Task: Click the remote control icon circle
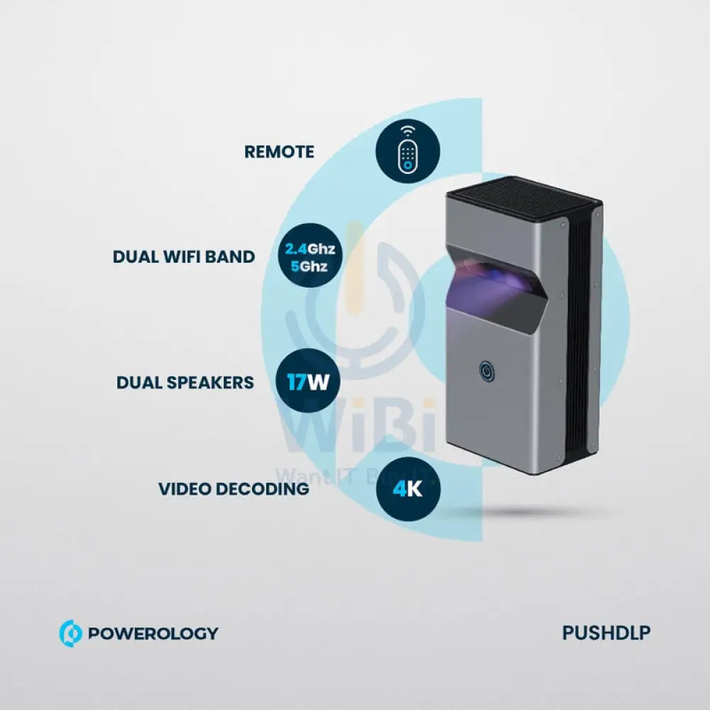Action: click(x=408, y=152)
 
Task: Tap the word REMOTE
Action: click(x=279, y=152)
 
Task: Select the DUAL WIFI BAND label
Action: click(x=183, y=256)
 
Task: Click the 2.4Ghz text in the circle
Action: click(x=310, y=249)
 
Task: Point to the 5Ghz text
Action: click(x=310, y=268)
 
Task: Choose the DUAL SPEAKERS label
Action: click(x=185, y=382)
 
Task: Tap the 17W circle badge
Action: click(x=307, y=383)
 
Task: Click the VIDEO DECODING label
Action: click(x=234, y=488)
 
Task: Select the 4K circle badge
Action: click(x=408, y=488)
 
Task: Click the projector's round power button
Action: click(x=486, y=371)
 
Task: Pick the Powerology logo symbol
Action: click(x=70, y=633)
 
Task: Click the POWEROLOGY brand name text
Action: click(x=153, y=633)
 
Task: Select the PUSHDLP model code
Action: click(x=606, y=633)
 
